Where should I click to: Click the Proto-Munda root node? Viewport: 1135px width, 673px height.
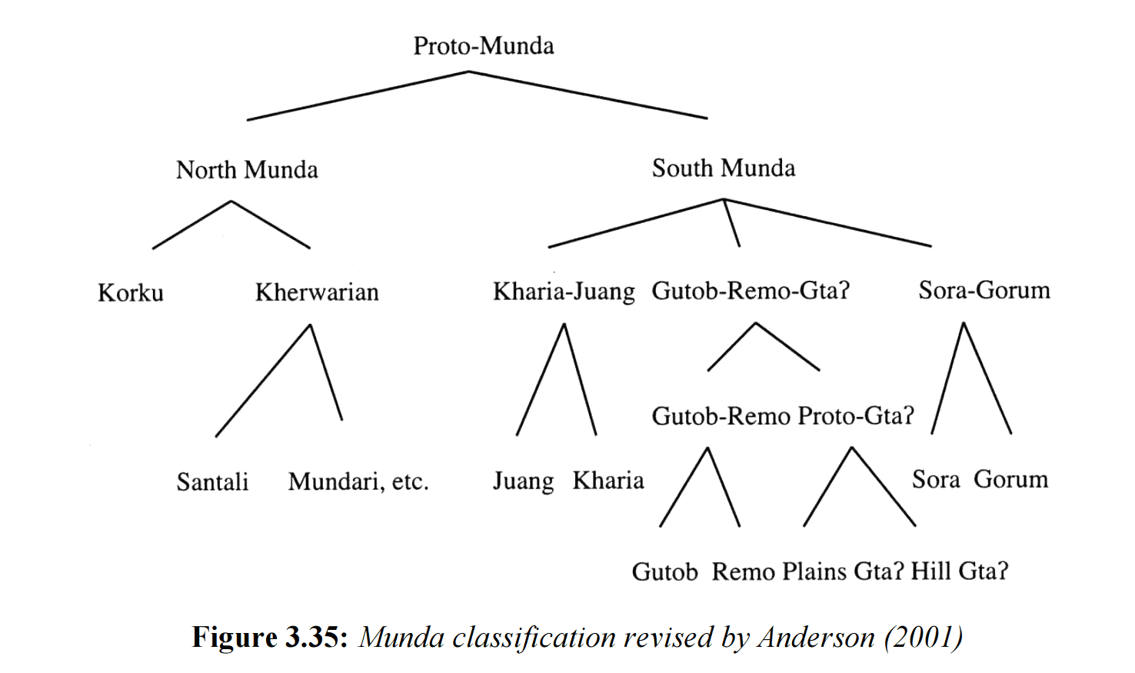coord(483,46)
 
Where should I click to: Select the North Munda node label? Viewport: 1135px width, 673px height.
coord(247,170)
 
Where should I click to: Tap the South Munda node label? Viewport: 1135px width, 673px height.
coord(723,168)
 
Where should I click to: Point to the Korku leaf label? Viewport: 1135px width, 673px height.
coord(131,293)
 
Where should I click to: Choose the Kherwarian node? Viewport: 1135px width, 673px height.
coord(317,293)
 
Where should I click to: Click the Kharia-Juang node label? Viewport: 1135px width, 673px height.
coord(564,292)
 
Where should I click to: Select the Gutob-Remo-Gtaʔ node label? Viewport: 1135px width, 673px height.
coord(750,292)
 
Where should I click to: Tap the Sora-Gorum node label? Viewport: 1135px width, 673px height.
coord(984,291)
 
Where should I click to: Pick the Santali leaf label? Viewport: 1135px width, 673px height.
coord(212,482)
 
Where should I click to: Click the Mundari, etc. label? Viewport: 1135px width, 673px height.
coord(358,482)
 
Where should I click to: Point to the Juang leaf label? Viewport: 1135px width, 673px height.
coord(523,481)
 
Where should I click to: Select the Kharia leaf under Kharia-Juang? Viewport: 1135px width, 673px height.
coord(607,481)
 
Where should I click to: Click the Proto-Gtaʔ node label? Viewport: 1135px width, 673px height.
coord(856,416)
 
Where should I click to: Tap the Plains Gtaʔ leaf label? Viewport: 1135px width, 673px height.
coord(843,571)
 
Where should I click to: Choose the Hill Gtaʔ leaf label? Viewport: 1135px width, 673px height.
coord(959,571)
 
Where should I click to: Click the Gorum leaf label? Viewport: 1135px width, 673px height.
coord(1010,480)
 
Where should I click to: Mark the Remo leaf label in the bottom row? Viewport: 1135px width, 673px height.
coord(743,572)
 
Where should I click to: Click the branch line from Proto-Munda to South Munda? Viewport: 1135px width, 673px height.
coord(588,95)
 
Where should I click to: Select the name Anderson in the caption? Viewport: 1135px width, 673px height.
coord(816,638)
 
